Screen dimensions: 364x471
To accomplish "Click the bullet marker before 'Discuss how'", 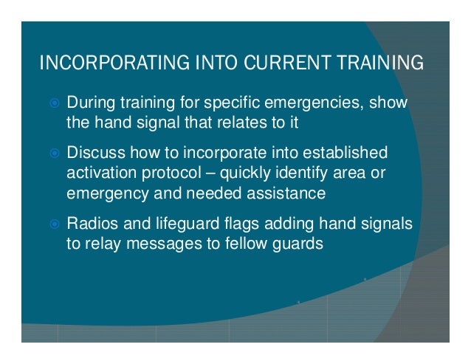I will [x=52, y=154].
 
